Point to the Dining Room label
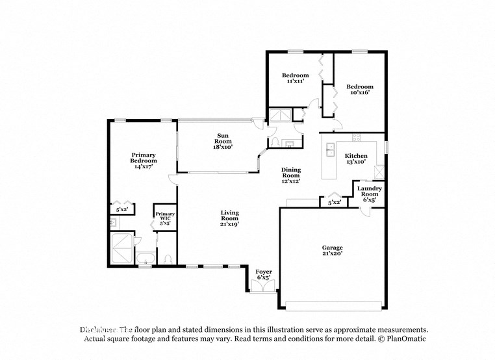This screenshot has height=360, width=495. pos(290,175)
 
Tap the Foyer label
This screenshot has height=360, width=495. pos(263,274)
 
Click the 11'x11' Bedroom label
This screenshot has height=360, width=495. pos(296,78)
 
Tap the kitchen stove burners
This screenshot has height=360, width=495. pos(356,137)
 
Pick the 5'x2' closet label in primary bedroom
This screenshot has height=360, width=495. pos(121,210)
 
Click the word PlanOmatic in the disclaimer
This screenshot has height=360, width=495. pos(405,339)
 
